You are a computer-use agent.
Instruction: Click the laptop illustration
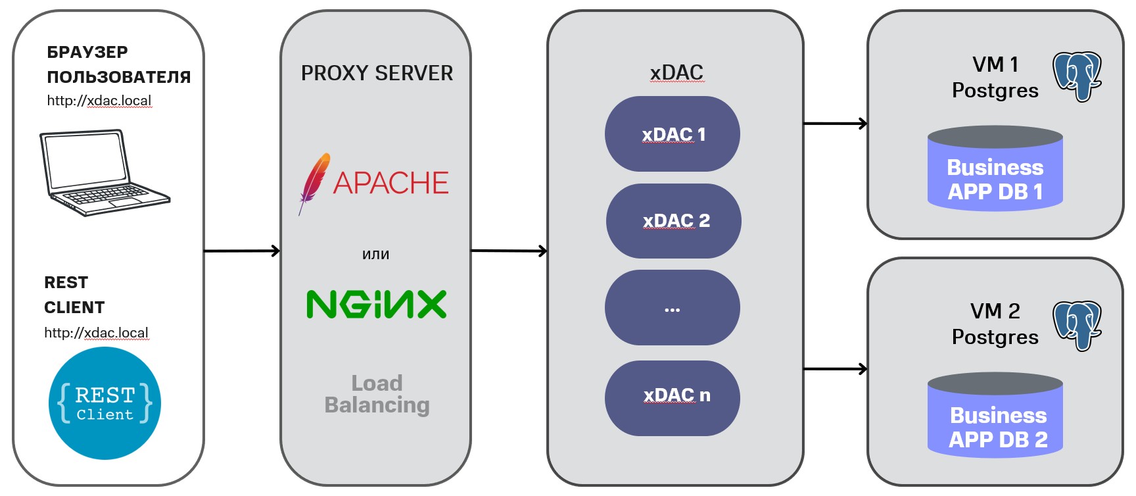[104, 172]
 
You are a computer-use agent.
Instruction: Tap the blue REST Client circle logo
[105, 403]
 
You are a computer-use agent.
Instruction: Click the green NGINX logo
[377, 305]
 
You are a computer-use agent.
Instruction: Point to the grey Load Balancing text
[377, 394]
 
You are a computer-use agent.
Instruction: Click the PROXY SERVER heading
[377, 73]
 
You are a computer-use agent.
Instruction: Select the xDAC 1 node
[673, 134]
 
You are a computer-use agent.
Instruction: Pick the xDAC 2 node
[674, 221]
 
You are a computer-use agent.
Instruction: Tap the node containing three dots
[673, 308]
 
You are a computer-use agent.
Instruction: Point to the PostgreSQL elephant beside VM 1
[1077, 76]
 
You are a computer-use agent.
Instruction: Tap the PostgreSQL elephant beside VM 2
[1077, 326]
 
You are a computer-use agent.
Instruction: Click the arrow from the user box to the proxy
[242, 251]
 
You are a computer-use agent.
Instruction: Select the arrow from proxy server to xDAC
[509, 251]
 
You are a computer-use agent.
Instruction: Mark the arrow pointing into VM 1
[835, 123]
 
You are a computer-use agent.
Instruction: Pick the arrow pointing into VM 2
[835, 369]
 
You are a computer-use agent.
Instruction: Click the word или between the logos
[376, 255]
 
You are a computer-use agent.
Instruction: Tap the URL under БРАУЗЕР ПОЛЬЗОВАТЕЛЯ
[99, 101]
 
